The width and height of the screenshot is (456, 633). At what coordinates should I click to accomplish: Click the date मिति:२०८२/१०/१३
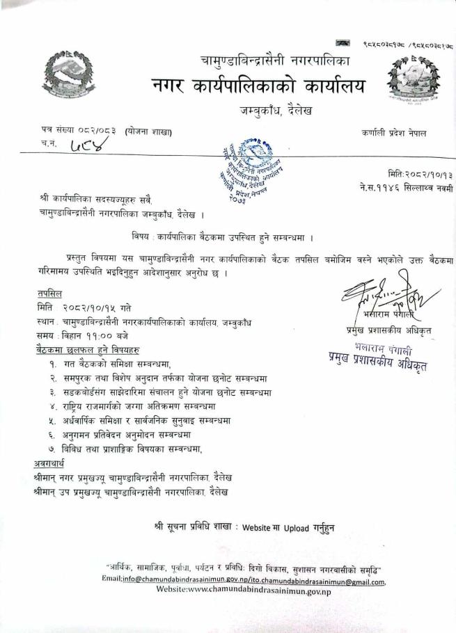click(418, 174)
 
